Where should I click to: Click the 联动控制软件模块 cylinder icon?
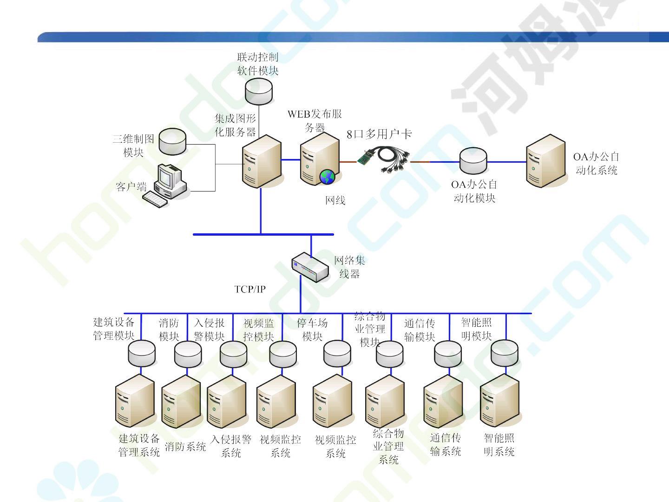coord(259,91)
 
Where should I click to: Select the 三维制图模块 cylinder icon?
coord(172,141)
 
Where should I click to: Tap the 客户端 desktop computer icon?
coord(166,185)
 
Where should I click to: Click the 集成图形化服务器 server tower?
coord(262,161)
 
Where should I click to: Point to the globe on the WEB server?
coord(328,176)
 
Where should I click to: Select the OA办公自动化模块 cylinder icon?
coord(473,161)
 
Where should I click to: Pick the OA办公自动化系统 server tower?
coord(546,160)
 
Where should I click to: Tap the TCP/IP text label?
coord(250,289)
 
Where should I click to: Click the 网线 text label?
coord(335,200)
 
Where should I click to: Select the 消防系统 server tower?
coord(181,402)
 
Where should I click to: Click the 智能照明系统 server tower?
coord(499,402)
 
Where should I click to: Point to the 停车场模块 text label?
coord(312,330)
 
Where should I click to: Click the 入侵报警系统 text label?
coord(231,446)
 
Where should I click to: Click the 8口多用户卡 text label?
coord(379,134)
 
